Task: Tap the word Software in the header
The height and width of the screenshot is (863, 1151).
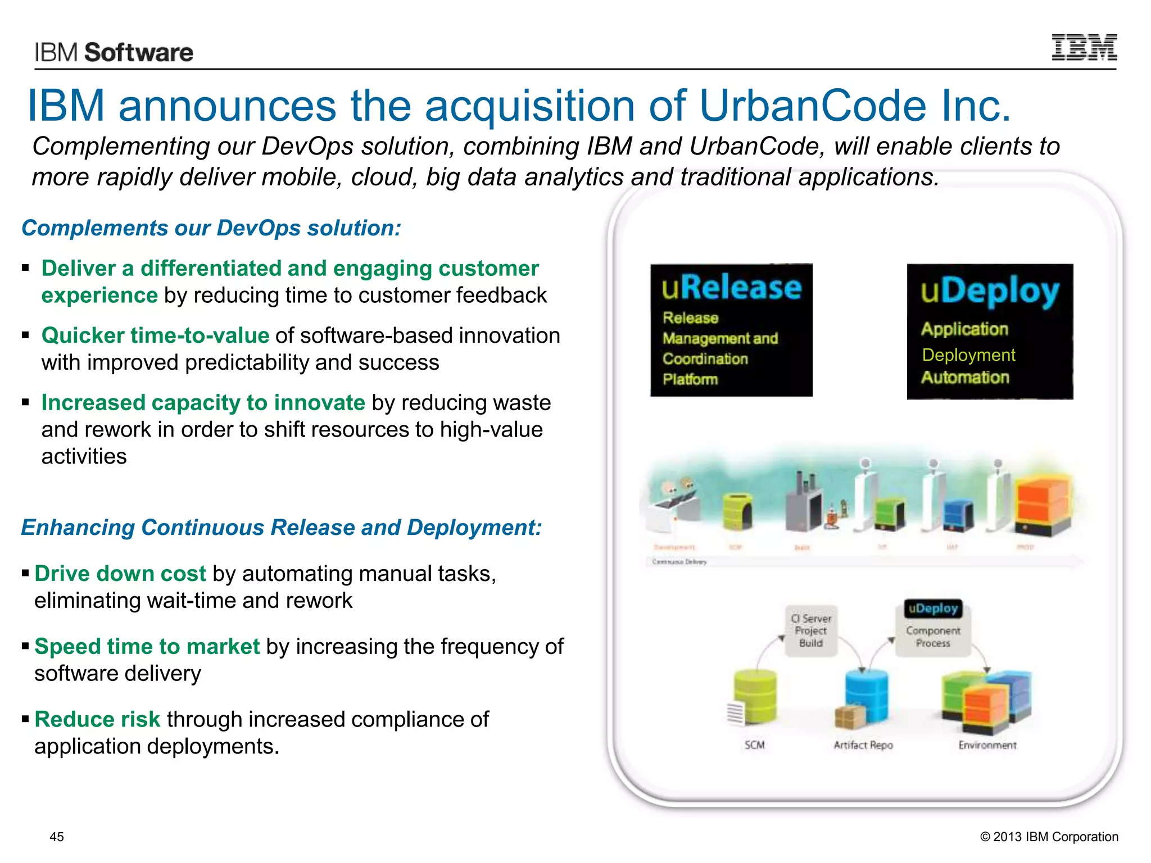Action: pos(139,53)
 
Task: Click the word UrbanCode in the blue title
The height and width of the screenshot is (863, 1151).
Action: pos(813,106)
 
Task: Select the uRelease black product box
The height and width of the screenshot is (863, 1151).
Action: pos(731,330)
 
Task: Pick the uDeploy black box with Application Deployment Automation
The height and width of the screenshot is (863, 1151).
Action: pos(990,331)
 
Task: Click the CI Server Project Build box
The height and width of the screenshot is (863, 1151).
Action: pos(811,631)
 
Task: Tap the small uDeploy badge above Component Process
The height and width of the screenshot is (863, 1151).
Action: pos(933,608)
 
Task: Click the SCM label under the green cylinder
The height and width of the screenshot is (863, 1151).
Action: pos(754,745)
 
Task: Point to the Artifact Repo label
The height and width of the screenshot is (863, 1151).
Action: pos(863,745)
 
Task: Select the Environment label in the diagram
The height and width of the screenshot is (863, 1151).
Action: pos(987,745)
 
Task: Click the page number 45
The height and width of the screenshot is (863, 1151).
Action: pos(57,837)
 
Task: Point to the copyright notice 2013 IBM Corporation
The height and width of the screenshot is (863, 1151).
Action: pos(1049,837)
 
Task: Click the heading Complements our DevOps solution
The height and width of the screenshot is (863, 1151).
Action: pos(211,228)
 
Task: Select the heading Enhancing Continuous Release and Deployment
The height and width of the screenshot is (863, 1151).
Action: pos(282,528)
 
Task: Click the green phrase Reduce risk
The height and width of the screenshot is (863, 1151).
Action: pos(97,719)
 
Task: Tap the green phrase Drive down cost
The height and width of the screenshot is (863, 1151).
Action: pos(120,574)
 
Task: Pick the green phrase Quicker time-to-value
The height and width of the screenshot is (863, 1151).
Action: pos(155,335)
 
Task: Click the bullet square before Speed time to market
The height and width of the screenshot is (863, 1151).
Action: pos(25,646)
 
